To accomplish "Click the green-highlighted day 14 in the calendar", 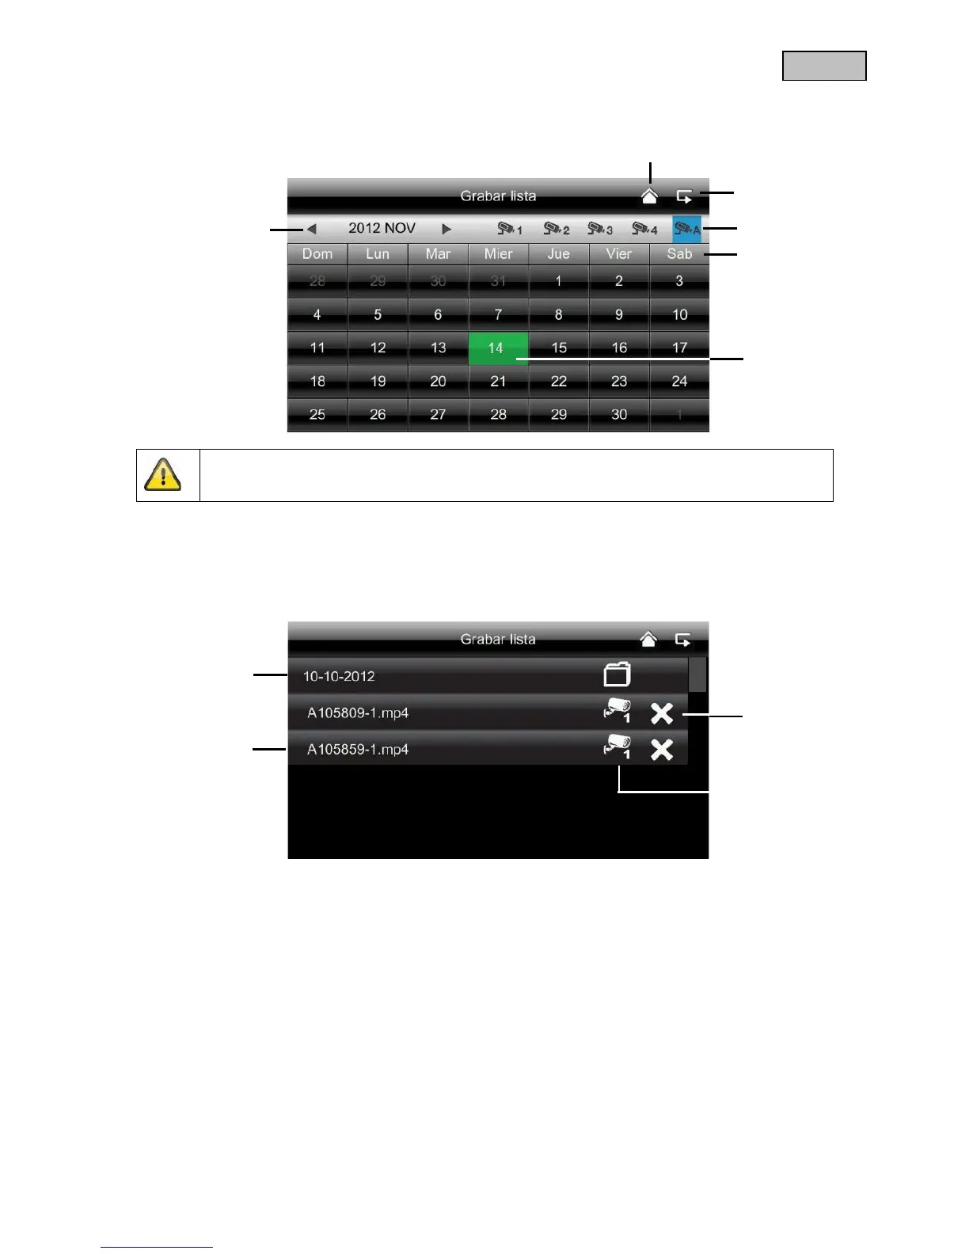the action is (497, 348).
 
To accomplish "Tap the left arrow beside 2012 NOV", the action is (312, 229).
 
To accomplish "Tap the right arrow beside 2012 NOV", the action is (446, 229).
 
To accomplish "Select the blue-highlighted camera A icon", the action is (686, 229).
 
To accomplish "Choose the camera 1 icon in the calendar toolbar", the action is (509, 229).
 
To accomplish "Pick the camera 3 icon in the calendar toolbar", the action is (599, 229).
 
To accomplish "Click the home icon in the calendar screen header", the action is (649, 196).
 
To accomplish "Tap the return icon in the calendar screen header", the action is (684, 196).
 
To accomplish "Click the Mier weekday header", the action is (498, 254).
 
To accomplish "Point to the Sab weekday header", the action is (679, 254).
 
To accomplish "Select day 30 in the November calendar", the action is (619, 415).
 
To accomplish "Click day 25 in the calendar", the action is (317, 415).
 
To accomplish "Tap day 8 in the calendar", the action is (558, 315).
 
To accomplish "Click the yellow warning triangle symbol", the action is (163, 475).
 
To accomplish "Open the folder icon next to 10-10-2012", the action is (617, 675).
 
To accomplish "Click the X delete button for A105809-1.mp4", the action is (662, 713).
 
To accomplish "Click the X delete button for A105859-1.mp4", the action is (662, 750).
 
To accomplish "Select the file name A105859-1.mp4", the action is (358, 750).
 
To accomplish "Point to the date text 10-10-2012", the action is (339, 677).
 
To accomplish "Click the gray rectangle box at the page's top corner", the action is (824, 66).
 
